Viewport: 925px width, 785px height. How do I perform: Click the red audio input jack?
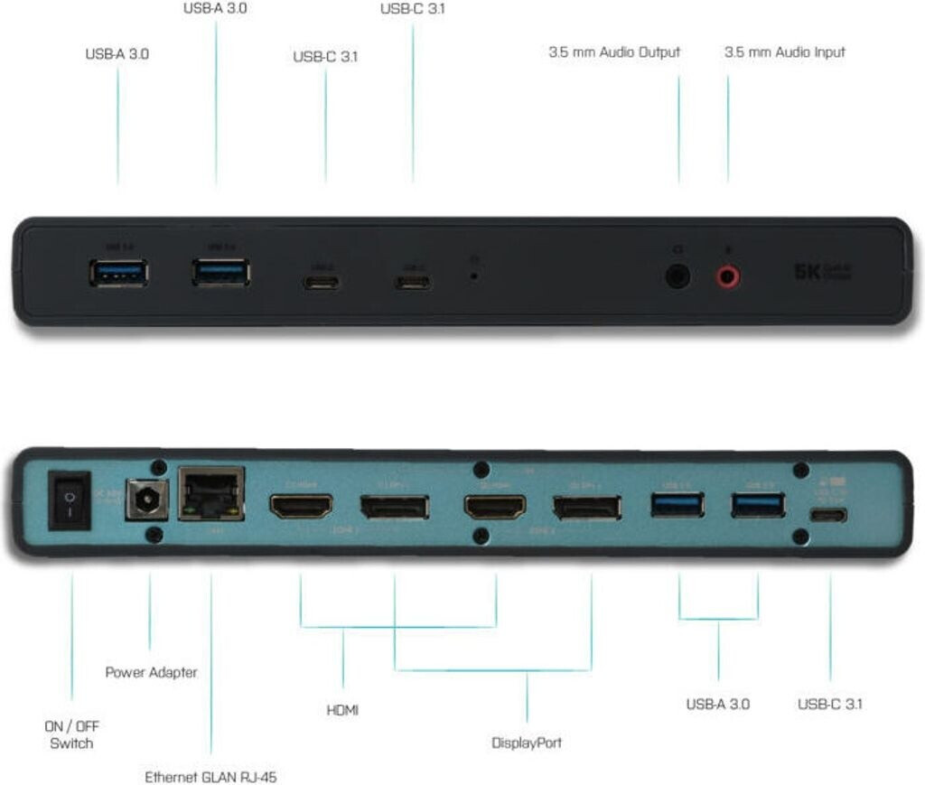[729, 276]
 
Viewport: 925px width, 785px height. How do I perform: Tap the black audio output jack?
[677, 276]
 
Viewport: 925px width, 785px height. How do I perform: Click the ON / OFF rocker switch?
[69, 500]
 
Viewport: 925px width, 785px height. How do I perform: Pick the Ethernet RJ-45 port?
[211, 494]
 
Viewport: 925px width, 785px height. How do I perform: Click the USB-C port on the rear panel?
[827, 515]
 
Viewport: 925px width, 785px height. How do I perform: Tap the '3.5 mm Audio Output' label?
[614, 52]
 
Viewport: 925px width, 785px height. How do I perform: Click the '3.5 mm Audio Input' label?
[784, 52]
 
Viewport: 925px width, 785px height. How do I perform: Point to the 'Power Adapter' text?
[151, 672]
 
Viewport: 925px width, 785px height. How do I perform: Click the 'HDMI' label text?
[342, 711]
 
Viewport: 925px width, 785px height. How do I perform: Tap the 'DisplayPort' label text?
[527, 743]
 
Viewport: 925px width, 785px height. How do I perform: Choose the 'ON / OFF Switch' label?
[71, 734]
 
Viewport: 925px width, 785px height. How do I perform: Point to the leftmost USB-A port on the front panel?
[118, 271]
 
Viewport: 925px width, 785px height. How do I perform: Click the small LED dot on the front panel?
[474, 272]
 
